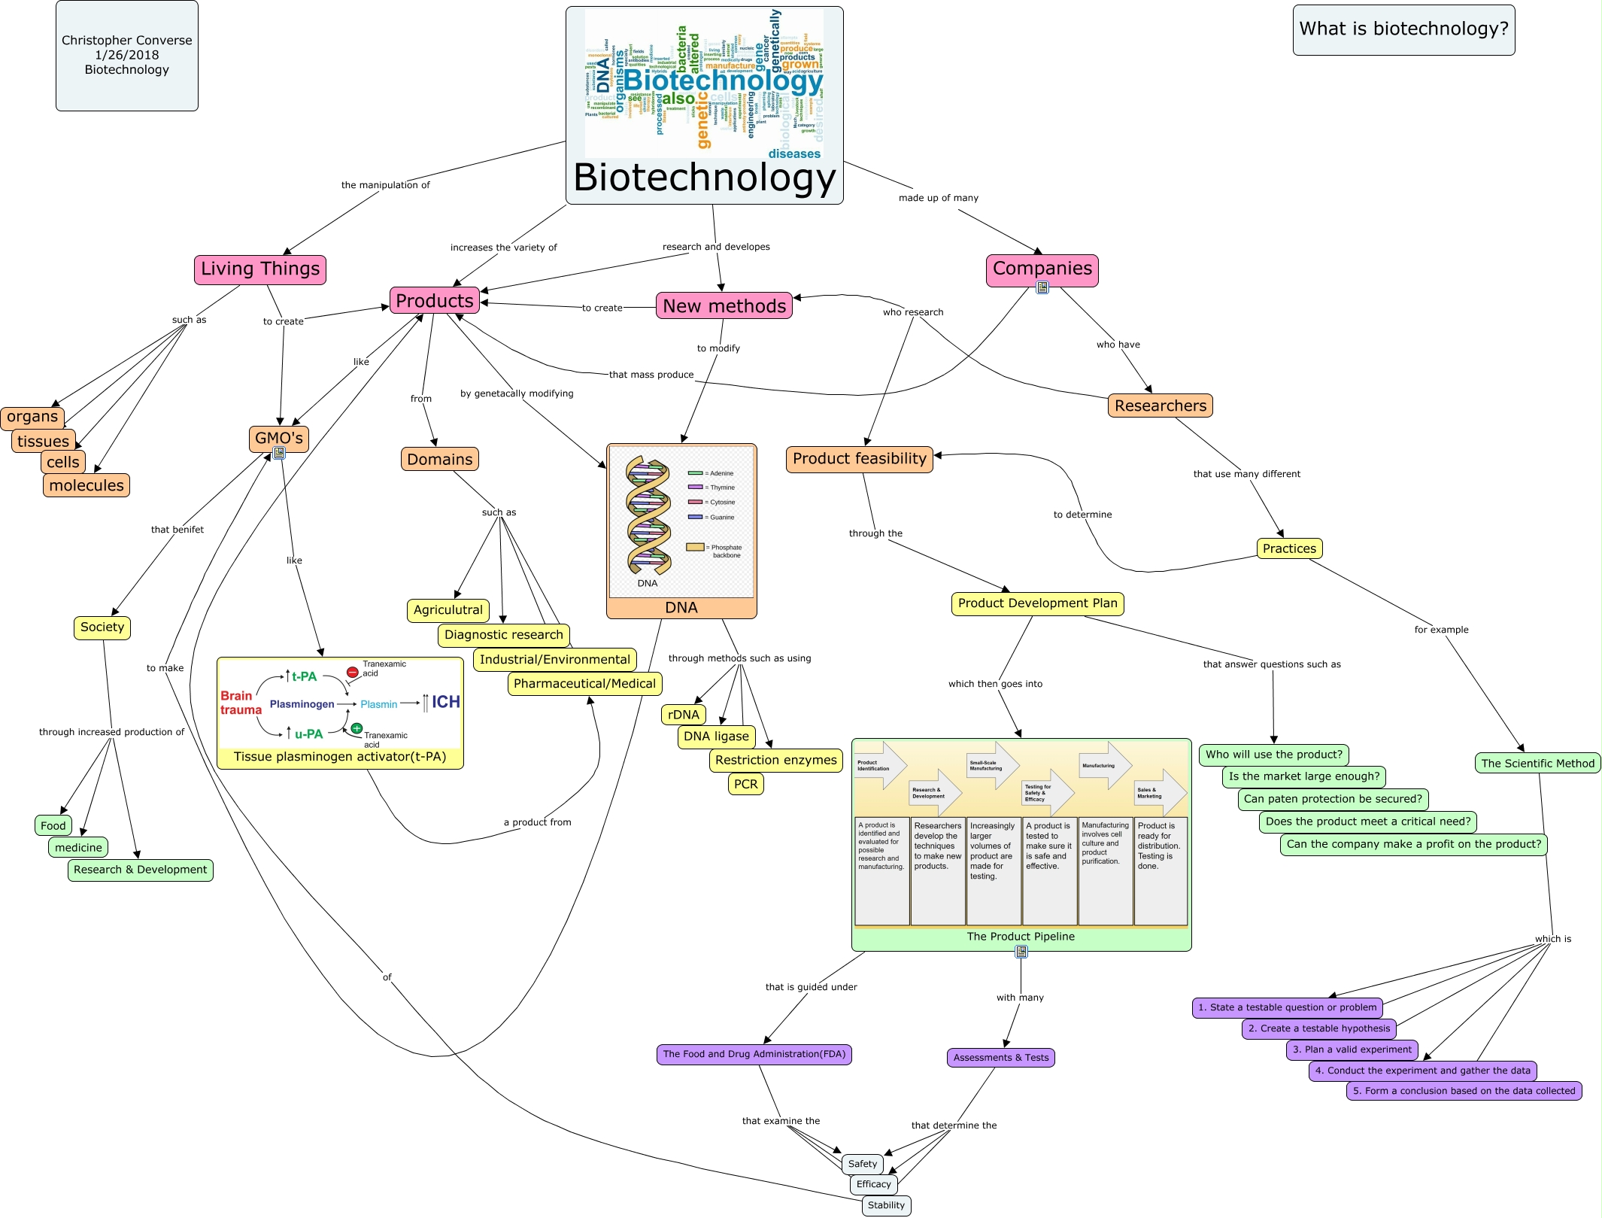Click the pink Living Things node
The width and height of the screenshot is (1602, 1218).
(259, 269)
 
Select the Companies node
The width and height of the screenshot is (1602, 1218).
(1042, 269)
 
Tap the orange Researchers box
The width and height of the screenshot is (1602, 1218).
(1160, 405)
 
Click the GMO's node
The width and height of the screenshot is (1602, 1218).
(278, 438)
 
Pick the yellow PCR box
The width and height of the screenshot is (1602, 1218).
(745, 784)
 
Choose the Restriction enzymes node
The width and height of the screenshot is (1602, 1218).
(775, 760)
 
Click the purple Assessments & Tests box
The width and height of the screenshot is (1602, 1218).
(1000, 1057)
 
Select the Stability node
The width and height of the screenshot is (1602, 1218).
(886, 1205)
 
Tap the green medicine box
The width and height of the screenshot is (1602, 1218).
(78, 847)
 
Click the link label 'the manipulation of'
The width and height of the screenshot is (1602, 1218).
(385, 185)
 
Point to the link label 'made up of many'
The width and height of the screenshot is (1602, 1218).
(938, 198)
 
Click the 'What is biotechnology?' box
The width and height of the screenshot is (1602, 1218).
(1403, 29)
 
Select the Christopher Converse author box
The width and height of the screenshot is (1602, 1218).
(126, 55)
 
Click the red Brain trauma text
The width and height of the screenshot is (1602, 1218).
(241, 703)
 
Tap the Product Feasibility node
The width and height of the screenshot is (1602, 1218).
(859, 459)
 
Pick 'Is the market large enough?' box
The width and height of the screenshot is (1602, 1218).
(1303, 776)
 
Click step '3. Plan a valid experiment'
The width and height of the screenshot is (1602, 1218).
(1352, 1049)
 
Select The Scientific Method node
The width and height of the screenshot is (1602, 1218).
(1537, 763)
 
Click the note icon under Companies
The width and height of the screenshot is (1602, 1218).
(1042, 287)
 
